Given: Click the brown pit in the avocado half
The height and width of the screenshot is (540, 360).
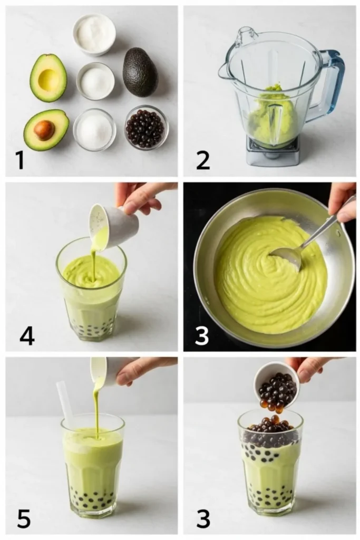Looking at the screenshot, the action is click(x=44, y=131).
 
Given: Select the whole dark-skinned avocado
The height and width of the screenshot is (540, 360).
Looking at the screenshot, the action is click(x=140, y=72).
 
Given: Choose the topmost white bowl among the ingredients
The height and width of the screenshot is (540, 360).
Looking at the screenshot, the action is click(x=94, y=34).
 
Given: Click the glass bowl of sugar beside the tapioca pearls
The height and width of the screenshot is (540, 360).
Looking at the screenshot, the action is click(x=94, y=129).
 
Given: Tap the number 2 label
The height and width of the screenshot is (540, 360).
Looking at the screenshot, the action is click(x=203, y=160).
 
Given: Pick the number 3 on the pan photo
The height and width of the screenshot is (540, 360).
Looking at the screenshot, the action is click(x=202, y=335).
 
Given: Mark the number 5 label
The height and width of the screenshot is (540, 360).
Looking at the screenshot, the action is click(x=24, y=519).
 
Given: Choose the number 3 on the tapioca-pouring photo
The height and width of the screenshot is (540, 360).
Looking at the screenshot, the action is click(x=203, y=519).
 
